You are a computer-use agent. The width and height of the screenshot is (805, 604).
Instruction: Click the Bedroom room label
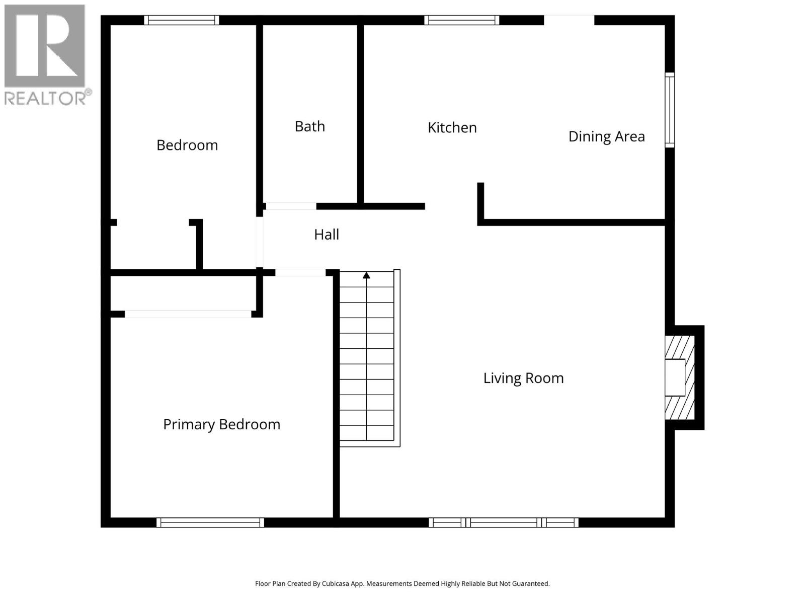pos(187,145)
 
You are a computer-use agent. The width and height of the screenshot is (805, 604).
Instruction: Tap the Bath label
pos(310,126)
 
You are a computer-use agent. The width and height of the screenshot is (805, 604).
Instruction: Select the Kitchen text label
pos(452,128)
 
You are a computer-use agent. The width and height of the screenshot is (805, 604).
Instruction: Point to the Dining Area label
pos(606,136)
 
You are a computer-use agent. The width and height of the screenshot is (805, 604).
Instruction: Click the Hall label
pos(327,235)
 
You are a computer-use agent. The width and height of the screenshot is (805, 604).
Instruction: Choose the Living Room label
pos(523,378)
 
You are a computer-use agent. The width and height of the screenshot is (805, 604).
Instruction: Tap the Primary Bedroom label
pos(221,424)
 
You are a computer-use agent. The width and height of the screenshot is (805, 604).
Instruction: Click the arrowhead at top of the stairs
pos(366,275)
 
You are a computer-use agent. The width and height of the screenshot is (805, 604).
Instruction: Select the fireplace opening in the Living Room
pos(675,377)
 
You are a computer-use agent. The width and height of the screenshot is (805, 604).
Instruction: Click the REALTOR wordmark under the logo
pos(45,98)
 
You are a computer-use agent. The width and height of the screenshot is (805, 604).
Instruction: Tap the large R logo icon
pos(45,46)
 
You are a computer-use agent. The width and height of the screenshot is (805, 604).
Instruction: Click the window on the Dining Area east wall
pos(670,110)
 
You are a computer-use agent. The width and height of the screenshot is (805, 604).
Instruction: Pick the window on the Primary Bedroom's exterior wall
pos(210,522)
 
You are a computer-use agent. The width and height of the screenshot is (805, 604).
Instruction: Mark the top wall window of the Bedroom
pos(182,20)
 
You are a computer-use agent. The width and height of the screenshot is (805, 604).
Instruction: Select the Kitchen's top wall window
pos(461,20)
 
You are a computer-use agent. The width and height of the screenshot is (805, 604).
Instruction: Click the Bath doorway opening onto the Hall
pos(291,206)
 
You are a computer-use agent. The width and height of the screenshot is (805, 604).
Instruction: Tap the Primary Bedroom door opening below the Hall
pos(300,273)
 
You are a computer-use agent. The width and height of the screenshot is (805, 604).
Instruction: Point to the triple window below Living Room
pos(503,522)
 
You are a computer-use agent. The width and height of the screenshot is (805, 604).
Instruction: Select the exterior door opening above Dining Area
pos(569,20)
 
